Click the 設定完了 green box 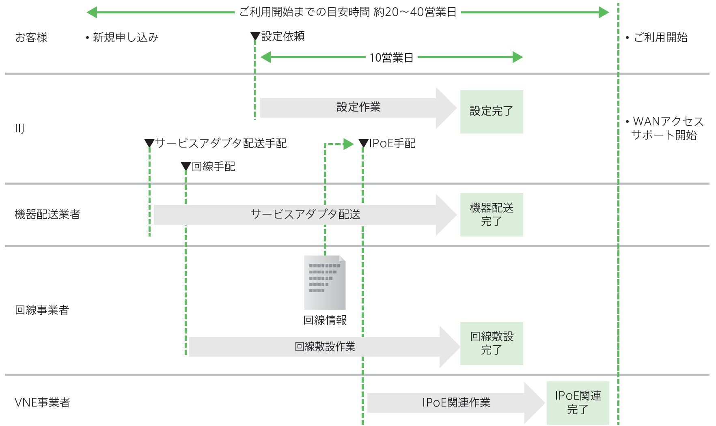tap(491, 112)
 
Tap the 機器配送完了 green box tap(491, 215)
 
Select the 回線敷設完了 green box tap(491, 343)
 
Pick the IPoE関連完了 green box tap(578, 403)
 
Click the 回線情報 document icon tap(325, 283)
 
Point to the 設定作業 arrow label tap(358, 107)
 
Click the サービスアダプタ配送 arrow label tap(305, 214)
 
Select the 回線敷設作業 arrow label tap(325, 346)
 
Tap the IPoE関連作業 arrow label tap(456, 402)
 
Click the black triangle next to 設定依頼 tap(255, 37)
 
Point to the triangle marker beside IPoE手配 tap(363, 143)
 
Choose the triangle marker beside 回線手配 tap(186, 166)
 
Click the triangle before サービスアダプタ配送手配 tap(149, 143)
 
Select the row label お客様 tap(31, 38)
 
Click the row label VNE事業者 tap(43, 402)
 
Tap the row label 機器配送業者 tap(47, 214)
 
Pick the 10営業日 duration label tap(391, 58)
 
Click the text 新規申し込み tap(125, 38)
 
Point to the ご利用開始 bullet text tap(660, 38)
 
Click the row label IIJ tap(19, 129)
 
